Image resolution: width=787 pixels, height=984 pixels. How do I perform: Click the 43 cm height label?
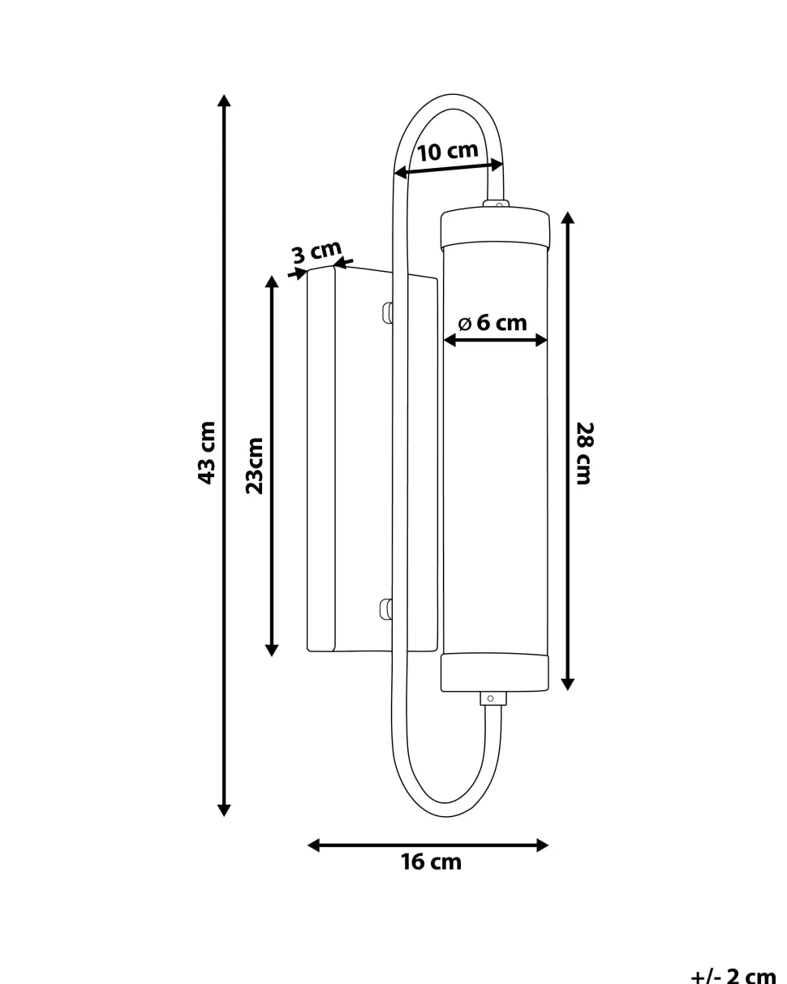pos(206,453)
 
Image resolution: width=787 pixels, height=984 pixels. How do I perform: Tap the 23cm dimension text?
pos(255,466)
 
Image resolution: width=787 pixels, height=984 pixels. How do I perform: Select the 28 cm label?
pos(584,453)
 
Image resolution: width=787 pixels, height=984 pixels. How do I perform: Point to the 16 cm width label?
pos(431,862)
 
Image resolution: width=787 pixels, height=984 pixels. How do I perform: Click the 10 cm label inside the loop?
pos(448,152)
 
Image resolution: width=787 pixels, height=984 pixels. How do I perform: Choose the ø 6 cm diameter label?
pos(492,324)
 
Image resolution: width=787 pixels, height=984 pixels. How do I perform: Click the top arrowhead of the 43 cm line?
pos(224,100)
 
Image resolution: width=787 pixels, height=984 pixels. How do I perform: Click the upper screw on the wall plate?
pos(387,312)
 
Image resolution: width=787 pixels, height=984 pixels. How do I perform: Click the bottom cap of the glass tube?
pos(494,672)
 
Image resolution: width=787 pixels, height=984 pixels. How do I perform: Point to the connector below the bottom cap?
pos(493,698)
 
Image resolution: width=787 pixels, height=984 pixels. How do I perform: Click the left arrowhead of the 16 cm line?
pos(314,845)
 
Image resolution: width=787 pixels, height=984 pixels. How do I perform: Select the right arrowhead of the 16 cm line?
pos(542,845)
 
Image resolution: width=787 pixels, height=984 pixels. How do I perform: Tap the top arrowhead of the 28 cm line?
pos(567,217)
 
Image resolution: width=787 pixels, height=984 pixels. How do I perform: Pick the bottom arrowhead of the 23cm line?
pos(272,651)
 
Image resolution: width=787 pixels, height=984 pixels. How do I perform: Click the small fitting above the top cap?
pos(496,204)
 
